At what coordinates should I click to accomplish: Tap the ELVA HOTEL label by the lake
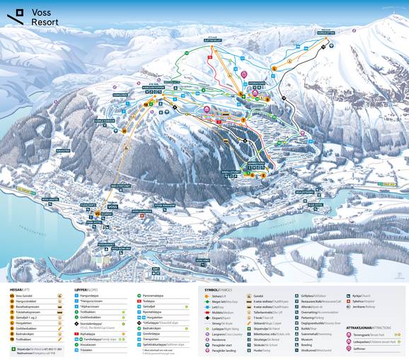click(x=315, y=205)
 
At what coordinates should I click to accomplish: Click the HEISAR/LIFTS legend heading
click(x=20, y=289)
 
